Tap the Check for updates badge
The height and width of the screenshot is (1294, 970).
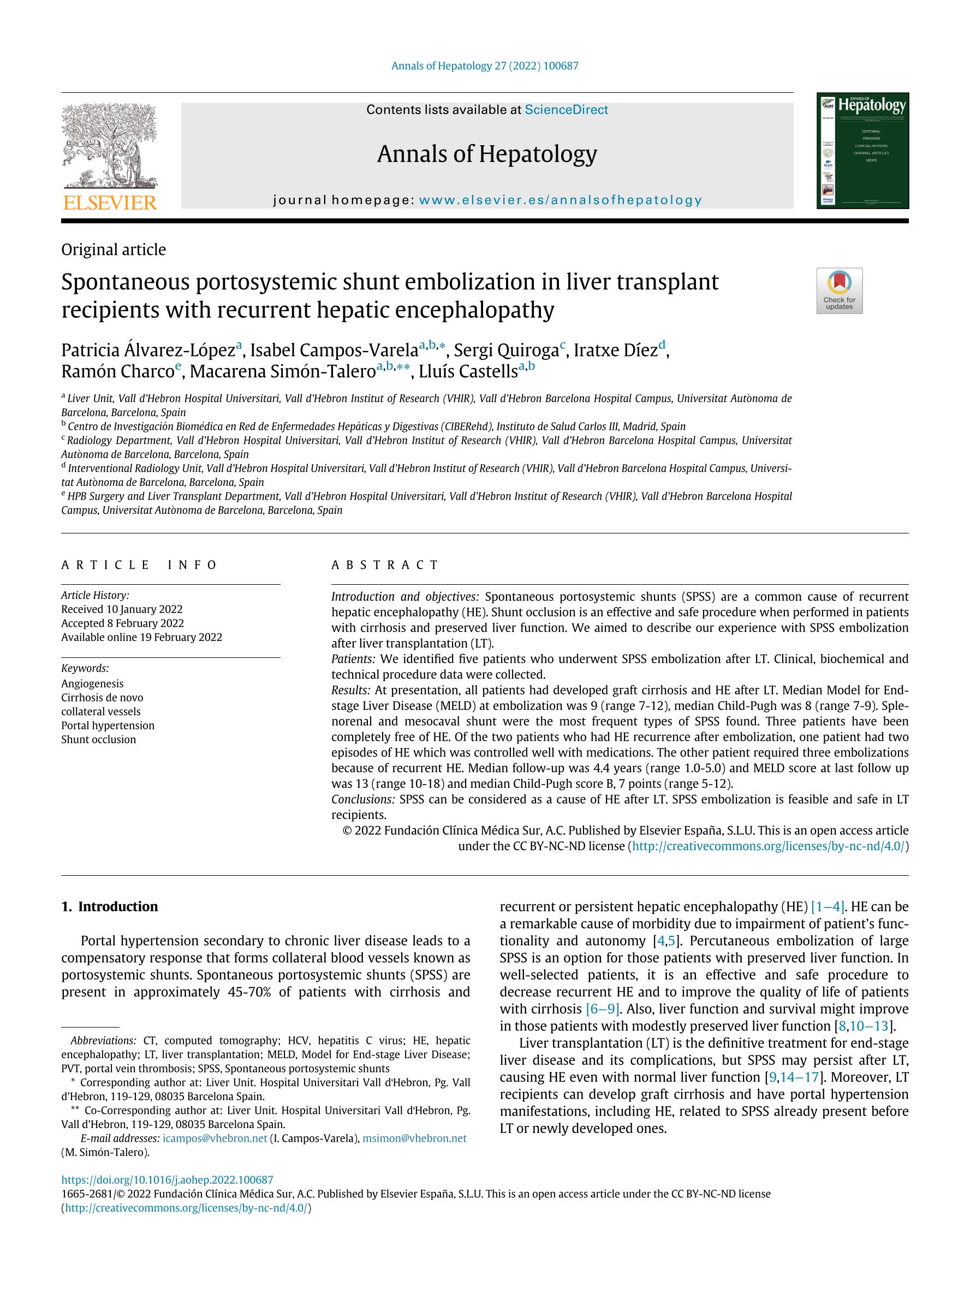pyautogui.click(x=839, y=290)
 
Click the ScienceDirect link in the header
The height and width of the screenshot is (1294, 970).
pyautogui.click(x=566, y=110)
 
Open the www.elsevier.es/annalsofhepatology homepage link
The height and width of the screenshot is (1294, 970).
pyautogui.click(x=560, y=200)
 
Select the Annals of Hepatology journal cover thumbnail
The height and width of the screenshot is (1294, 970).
pyautogui.click(x=862, y=150)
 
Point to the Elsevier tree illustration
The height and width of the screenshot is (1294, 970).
pyautogui.click(x=109, y=146)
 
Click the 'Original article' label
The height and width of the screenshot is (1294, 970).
pyautogui.click(x=114, y=250)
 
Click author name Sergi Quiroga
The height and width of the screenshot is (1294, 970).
pyautogui.click(x=507, y=351)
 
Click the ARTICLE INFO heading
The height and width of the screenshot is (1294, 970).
pyautogui.click(x=139, y=565)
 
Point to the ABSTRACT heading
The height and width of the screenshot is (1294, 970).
pyautogui.click(x=385, y=565)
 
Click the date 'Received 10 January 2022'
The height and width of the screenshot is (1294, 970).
pyautogui.click(x=122, y=609)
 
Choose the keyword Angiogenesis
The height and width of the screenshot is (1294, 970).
pyautogui.click(x=92, y=683)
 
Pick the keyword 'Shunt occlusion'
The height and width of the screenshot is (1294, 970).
pyautogui.click(x=98, y=739)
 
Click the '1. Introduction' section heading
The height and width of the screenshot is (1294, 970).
pyautogui.click(x=109, y=907)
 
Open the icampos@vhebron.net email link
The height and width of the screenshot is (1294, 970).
pyautogui.click(x=215, y=1138)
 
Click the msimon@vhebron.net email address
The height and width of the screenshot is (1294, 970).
pyautogui.click(x=414, y=1138)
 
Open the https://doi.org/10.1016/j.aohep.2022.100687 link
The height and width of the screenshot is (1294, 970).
pyautogui.click(x=167, y=1180)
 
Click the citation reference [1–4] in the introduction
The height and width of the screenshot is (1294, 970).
pyautogui.click(x=828, y=907)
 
